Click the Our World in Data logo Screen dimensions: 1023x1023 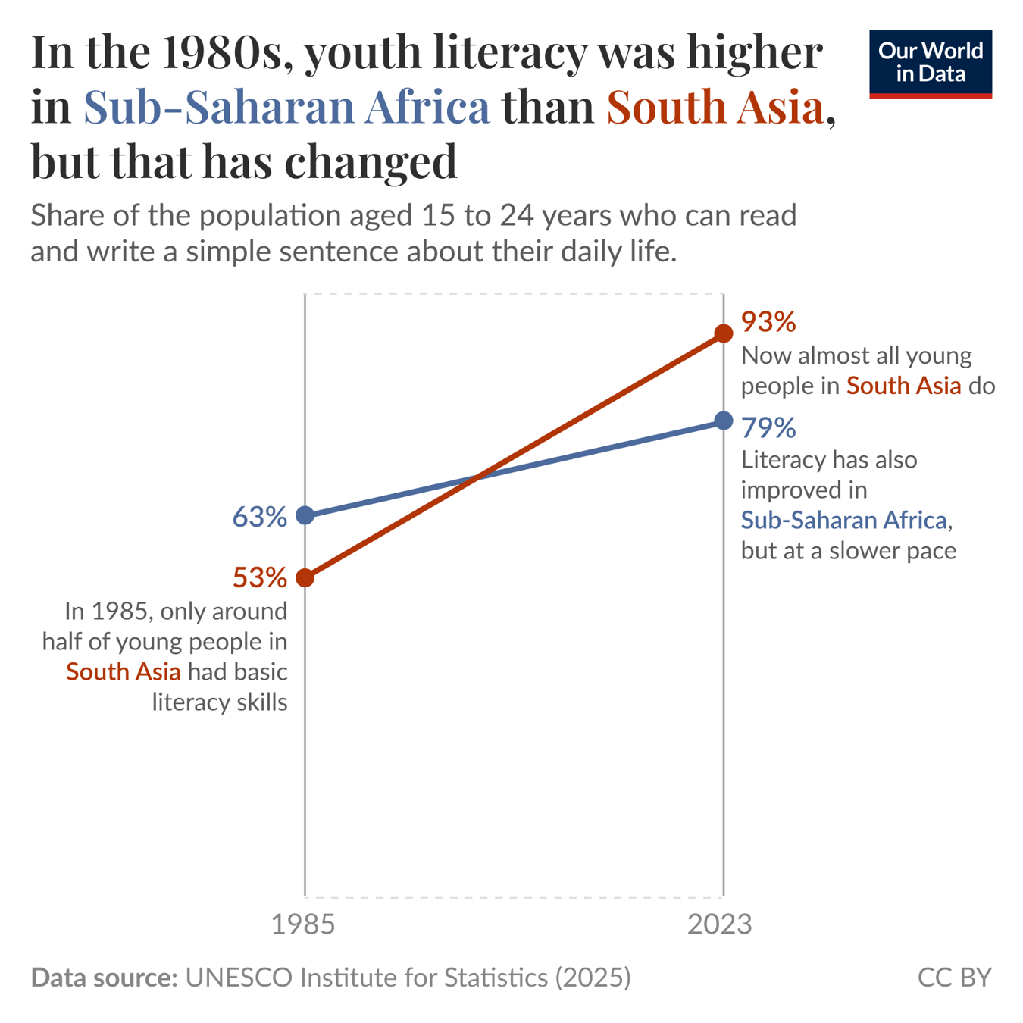(930, 64)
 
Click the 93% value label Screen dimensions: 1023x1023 (768, 322)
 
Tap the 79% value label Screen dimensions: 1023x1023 (768, 428)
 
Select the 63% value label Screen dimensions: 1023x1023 (259, 517)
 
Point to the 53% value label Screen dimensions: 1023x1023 (259, 578)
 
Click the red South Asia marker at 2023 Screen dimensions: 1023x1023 (724, 333)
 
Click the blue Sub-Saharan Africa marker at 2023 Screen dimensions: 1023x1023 (724, 421)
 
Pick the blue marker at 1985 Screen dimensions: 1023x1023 (305, 515)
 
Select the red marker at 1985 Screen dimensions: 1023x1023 (305, 577)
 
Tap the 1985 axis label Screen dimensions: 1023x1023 (303, 924)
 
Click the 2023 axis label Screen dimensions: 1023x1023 (719, 924)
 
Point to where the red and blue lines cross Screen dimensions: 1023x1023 (476, 477)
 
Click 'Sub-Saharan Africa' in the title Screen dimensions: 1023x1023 (286, 107)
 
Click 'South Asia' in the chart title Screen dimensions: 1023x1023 (715, 107)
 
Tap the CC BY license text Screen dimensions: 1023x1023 (954, 978)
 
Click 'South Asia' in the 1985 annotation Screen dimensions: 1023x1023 (124, 671)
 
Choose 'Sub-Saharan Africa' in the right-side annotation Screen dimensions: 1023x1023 (843, 520)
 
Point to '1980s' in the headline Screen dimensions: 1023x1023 (227, 52)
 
